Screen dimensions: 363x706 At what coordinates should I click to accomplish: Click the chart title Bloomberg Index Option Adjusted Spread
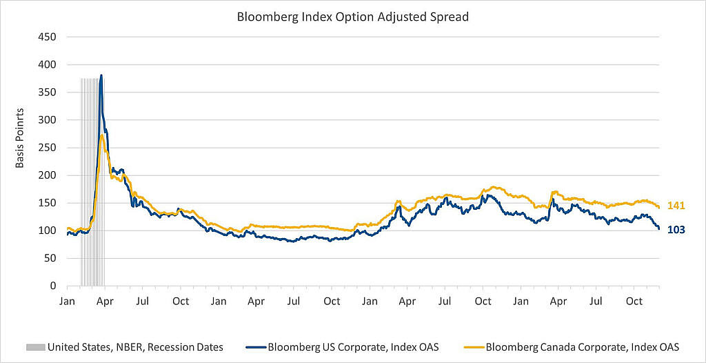353,17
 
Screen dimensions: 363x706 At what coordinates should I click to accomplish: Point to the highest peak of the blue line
101,75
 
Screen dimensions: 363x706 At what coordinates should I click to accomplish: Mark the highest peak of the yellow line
102,135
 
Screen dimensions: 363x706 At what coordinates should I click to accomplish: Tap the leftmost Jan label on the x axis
68,302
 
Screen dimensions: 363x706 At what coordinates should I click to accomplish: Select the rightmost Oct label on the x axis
634,302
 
